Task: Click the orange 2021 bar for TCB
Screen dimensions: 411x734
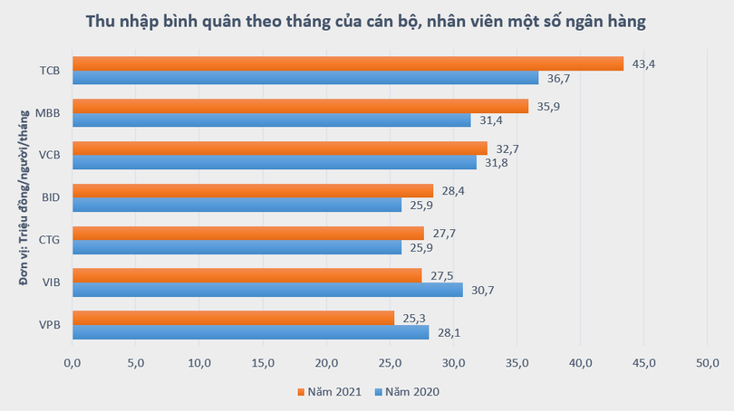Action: coord(348,63)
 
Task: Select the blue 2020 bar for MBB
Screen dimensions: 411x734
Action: coord(272,120)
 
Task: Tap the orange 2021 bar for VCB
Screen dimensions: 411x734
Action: coord(279,148)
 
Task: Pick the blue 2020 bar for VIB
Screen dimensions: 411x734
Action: coord(267,290)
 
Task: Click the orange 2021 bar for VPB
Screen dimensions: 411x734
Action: coord(233,318)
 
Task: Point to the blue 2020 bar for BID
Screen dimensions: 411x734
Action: coord(237,205)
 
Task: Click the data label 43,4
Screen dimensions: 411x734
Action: coord(642,63)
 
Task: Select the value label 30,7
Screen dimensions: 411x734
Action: coord(481,290)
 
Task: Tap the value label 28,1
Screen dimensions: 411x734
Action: coord(448,332)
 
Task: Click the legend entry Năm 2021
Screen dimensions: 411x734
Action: coord(330,392)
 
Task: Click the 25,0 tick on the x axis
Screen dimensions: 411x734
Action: coord(390,363)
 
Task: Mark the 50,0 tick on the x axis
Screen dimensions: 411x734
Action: coord(707,363)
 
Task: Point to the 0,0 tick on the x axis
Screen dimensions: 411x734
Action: coord(72,363)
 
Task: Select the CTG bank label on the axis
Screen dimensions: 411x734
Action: coord(50,240)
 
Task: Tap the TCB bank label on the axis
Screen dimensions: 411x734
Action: coord(50,71)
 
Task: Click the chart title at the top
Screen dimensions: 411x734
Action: coord(366,23)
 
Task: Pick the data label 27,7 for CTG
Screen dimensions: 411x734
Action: coord(443,233)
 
